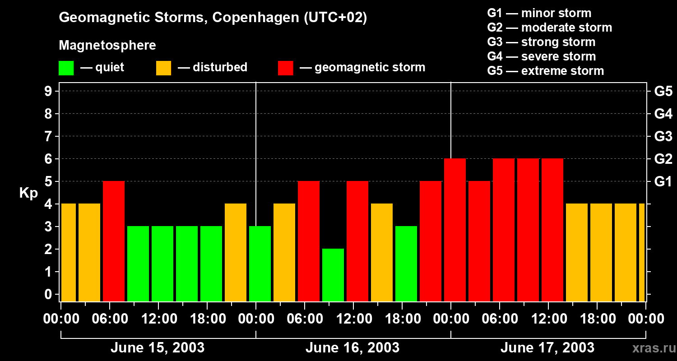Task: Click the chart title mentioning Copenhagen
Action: pyautogui.click(x=213, y=18)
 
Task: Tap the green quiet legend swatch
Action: pyautogui.click(x=66, y=68)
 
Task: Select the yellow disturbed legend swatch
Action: pyautogui.click(x=163, y=68)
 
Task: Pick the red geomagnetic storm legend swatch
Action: pyautogui.click(x=285, y=68)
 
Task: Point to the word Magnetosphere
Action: pyautogui.click(x=107, y=46)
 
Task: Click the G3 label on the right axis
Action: pyautogui.click(x=663, y=136)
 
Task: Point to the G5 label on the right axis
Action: pyautogui.click(x=663, y=91)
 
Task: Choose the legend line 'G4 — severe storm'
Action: pyautogui.click(x=542, y=56)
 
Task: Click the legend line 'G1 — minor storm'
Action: pyautogui.click(x=539, y=13)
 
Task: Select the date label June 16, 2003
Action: pyautogui.click(x=352, y=348)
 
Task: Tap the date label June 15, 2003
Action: pyautogui.click(x=158, y=348)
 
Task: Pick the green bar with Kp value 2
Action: pyautogui.click(x=333, y=275)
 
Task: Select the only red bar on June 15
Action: pyautogui.click(x=114, y=241)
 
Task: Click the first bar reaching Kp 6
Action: pyautogui.click(x=455, y=230)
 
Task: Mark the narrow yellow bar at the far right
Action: pyautogui.click(x=642, y=252)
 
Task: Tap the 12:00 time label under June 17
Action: pyautogui.click(x=548, y=319)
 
